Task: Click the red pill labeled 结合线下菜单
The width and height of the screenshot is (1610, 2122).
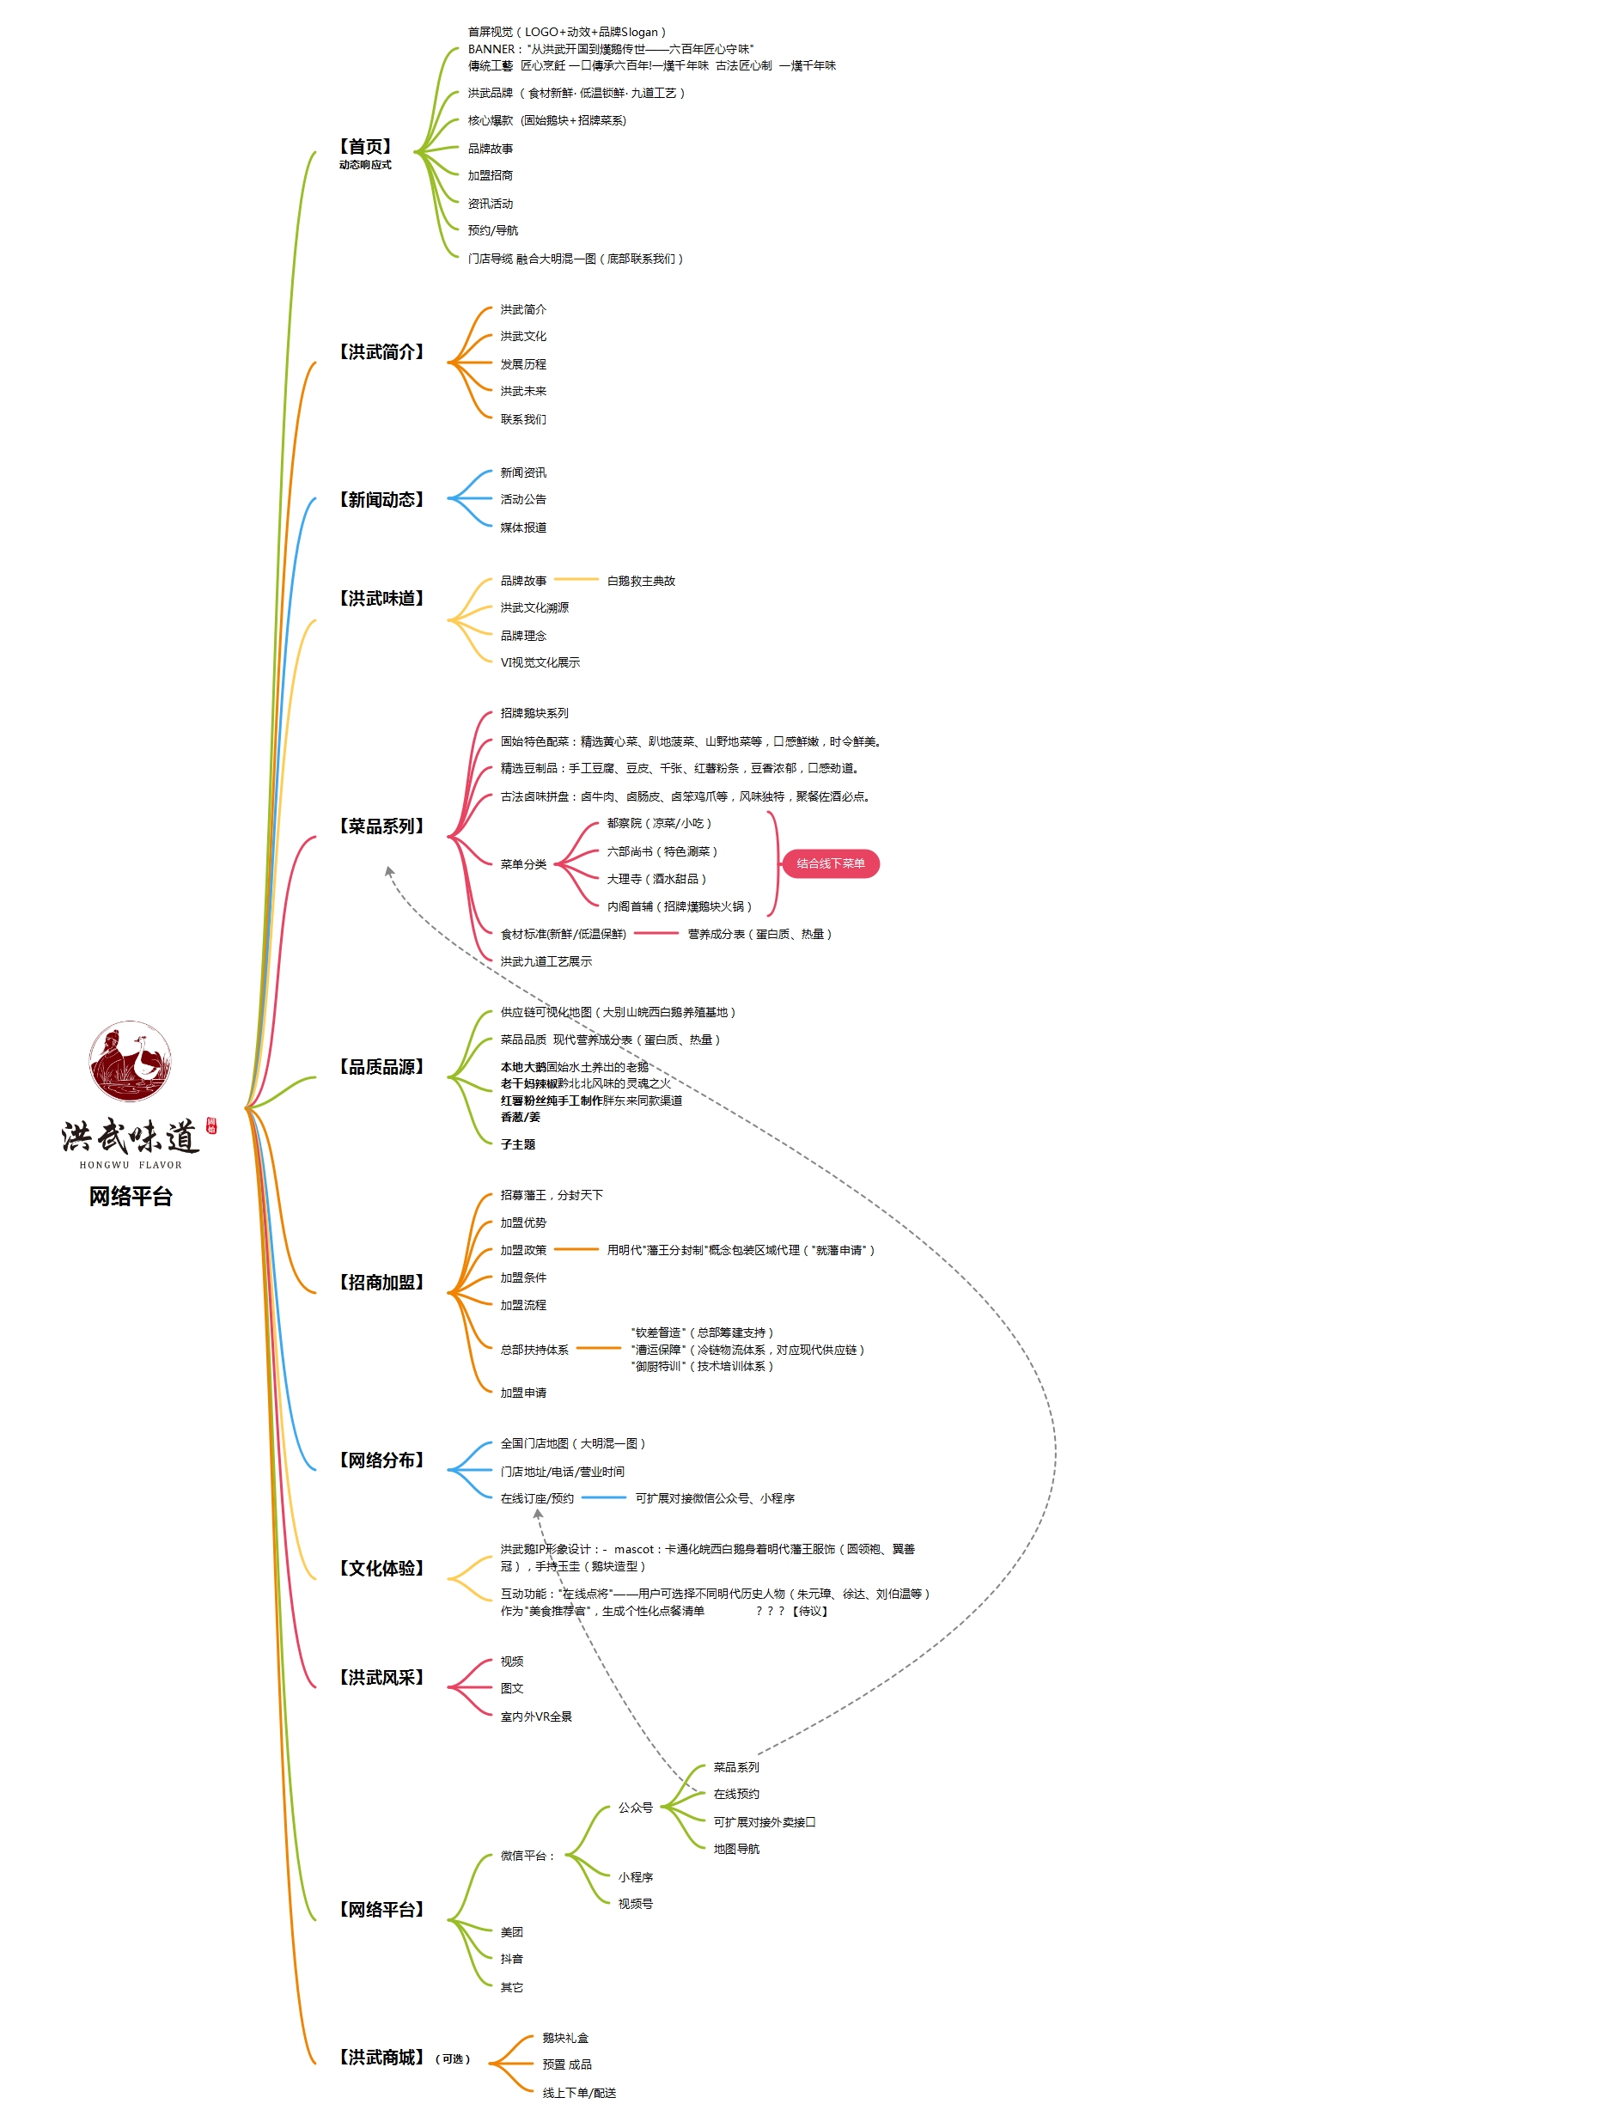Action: point(830,863)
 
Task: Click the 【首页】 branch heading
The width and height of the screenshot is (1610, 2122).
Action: point(364,147)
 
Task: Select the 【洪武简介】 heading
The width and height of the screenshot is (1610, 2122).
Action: point(381,352)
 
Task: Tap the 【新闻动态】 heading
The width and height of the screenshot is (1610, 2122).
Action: point(381,500)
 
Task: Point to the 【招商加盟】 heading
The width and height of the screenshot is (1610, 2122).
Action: point(381,1283)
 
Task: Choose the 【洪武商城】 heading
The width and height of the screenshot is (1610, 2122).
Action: point(381,2058)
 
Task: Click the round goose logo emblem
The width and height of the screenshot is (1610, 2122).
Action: point(131,1061)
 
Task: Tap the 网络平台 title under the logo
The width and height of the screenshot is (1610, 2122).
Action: point(131,1196)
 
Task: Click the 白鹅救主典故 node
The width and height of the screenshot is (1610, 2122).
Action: point(641,582)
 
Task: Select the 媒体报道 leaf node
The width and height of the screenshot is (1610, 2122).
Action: point(523,527)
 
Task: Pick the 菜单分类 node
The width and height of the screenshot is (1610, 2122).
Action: point(523,864)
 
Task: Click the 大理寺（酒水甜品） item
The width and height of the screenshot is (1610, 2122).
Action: point(656,879)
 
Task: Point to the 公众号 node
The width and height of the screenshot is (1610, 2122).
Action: point(635,1808)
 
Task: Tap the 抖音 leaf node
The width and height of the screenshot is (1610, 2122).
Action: point(511,1959)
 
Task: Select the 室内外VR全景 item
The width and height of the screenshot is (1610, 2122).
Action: point(535,1717)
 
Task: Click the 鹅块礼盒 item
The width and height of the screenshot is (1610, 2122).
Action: point(565,2038)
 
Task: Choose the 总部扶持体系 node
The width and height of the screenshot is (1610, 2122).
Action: point(534,1350)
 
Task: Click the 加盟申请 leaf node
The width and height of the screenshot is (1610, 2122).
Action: point(523,1393)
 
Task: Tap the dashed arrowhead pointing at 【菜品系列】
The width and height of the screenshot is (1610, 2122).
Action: point(388,871)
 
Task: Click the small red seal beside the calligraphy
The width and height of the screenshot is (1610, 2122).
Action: point(211,1126)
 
